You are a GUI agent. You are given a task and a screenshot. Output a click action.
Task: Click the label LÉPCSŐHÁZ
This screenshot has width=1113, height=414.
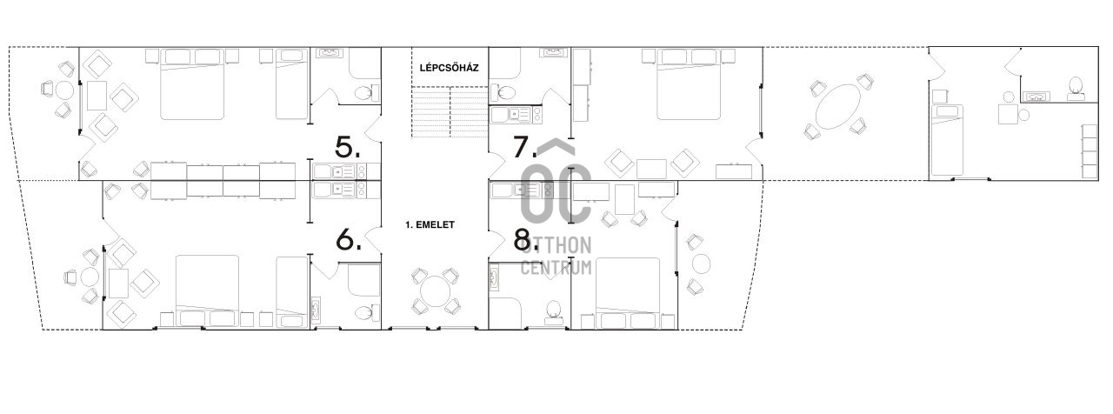450,68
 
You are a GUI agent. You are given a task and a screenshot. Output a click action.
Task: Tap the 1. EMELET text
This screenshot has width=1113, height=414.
430,224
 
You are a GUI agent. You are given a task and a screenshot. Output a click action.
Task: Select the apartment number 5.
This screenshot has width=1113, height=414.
348,147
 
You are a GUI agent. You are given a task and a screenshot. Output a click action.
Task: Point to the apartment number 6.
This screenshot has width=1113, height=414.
349,240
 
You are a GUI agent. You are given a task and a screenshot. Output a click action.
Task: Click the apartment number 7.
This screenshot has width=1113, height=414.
524,147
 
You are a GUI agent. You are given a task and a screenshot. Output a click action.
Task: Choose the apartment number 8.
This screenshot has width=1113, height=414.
525,240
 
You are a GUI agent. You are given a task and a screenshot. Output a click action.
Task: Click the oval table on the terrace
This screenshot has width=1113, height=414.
838,107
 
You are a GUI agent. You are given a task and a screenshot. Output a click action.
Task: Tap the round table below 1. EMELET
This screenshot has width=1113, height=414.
436,290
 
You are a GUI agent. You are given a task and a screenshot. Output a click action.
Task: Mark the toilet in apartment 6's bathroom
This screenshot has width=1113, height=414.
367,312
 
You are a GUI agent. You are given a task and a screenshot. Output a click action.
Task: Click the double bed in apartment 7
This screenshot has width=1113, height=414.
690,84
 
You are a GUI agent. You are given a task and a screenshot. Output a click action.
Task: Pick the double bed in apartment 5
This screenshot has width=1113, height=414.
192,84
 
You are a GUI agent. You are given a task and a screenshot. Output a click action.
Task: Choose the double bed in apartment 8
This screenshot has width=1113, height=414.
628,293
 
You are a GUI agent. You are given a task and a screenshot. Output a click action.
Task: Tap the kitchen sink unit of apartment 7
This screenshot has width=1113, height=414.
517,116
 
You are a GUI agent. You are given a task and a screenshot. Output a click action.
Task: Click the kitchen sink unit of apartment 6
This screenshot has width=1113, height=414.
339,190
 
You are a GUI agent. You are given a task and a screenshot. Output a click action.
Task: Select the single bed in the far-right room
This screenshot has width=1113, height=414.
947,140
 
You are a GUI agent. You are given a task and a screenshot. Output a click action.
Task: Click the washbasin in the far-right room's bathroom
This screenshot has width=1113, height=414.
1036,96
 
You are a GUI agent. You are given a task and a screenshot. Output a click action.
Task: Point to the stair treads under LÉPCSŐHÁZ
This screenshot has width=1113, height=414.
450,112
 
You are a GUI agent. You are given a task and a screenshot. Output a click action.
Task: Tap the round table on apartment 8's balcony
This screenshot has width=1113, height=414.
701,264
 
